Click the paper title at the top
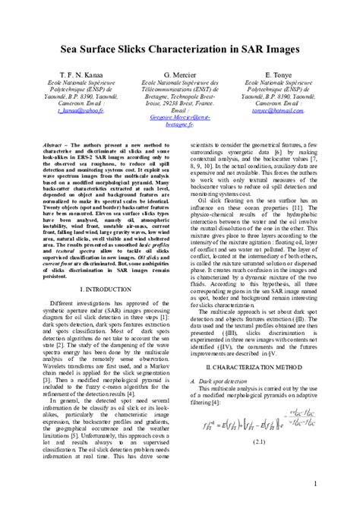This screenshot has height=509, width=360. click(180, 47)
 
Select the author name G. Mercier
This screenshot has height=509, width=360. click(180, 76)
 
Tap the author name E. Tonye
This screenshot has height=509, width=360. click(278, 76)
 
